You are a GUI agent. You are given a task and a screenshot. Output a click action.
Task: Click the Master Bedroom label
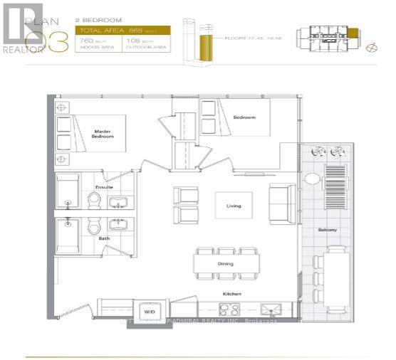tap(103, 133)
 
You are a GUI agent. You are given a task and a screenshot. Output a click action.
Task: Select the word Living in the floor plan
tap(234, 206)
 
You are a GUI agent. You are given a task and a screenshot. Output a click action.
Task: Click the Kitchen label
tap(229, 292)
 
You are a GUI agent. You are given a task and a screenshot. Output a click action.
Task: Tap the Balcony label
tap(328, 230)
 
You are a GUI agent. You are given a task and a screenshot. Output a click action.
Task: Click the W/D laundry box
tap(150, 311)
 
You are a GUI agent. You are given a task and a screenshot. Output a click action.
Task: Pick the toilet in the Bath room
tap(93, 228)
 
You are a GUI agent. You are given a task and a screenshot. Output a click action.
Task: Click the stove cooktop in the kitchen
tap(229, 309)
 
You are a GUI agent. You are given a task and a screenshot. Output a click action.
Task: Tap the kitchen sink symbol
tap(270, 309)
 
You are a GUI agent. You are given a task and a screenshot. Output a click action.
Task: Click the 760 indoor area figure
tap(86, 43)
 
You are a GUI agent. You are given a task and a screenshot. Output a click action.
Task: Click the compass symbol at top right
tap(370, 49)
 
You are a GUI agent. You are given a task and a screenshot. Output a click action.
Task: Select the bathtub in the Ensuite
tap(68, 191)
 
